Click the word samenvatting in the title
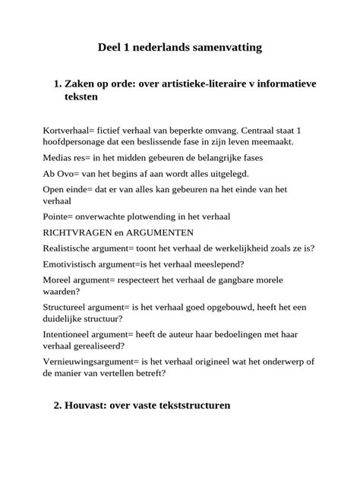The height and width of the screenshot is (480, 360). pyautogui.click(x=222, y=47)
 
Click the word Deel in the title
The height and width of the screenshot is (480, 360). pyautogui.click(x=112, y=47)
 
